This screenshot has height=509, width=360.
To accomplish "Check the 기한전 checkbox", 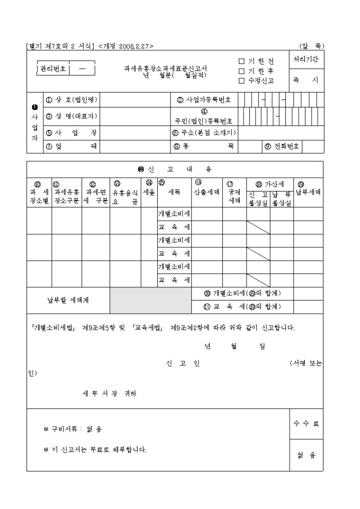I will click(241, 62).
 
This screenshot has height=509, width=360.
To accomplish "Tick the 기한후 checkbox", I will click(241, 71).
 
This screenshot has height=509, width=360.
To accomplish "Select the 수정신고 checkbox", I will click(241, 80).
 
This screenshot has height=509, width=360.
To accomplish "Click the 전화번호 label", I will click(283, 147).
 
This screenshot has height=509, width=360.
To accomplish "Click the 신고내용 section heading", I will click(175, 169).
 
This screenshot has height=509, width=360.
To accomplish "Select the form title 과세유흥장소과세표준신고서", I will click(166, 69).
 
